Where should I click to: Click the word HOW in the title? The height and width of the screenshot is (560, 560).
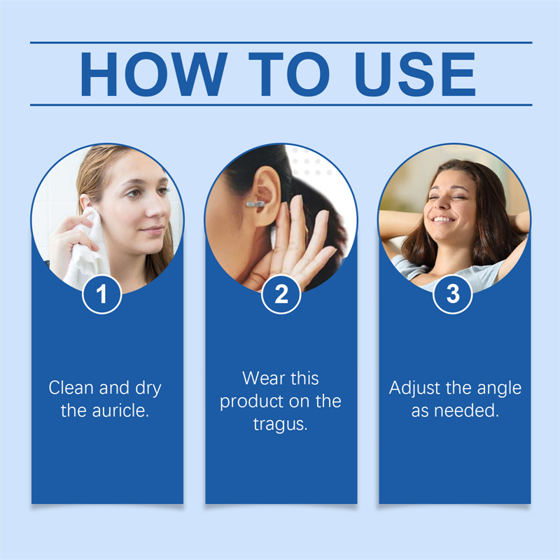pyautogui.click(x=154, y=74)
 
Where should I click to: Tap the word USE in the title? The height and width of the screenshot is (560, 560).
pyautogui.click(x=415, y=74)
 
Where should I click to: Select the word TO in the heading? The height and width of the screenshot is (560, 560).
pyautogui.click(x=289, y=74)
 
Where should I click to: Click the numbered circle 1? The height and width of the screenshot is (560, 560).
pyautogui.click(x=101, y=294)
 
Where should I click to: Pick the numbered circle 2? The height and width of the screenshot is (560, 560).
pyautogui.click(x=281, y=294)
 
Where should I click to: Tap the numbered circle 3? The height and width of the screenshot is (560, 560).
pyautogui.click(x=452, y=294)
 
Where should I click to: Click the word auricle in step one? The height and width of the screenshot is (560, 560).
pyautogui.click(x=120, y=410)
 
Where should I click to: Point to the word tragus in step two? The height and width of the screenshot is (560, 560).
pyautogui.click(x=281, y=425)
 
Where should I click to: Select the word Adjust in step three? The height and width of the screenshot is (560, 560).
pyautogui.click(x=414, y=388)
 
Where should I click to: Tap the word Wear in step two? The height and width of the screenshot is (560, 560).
pyautogui.click(x=262, y=378)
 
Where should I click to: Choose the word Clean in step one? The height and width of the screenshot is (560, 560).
pyautogui.click(x=71, y=388)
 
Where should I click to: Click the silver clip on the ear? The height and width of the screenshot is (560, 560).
pyautogui.click(x=255, y=204)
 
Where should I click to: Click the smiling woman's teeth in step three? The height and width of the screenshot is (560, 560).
pyautogui.click(x=444, y=219)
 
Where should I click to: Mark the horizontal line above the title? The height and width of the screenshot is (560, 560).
pyautogui.click(x=281, y=43)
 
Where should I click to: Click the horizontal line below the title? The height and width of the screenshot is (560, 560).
pyautogui.click(x=281, y=105)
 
